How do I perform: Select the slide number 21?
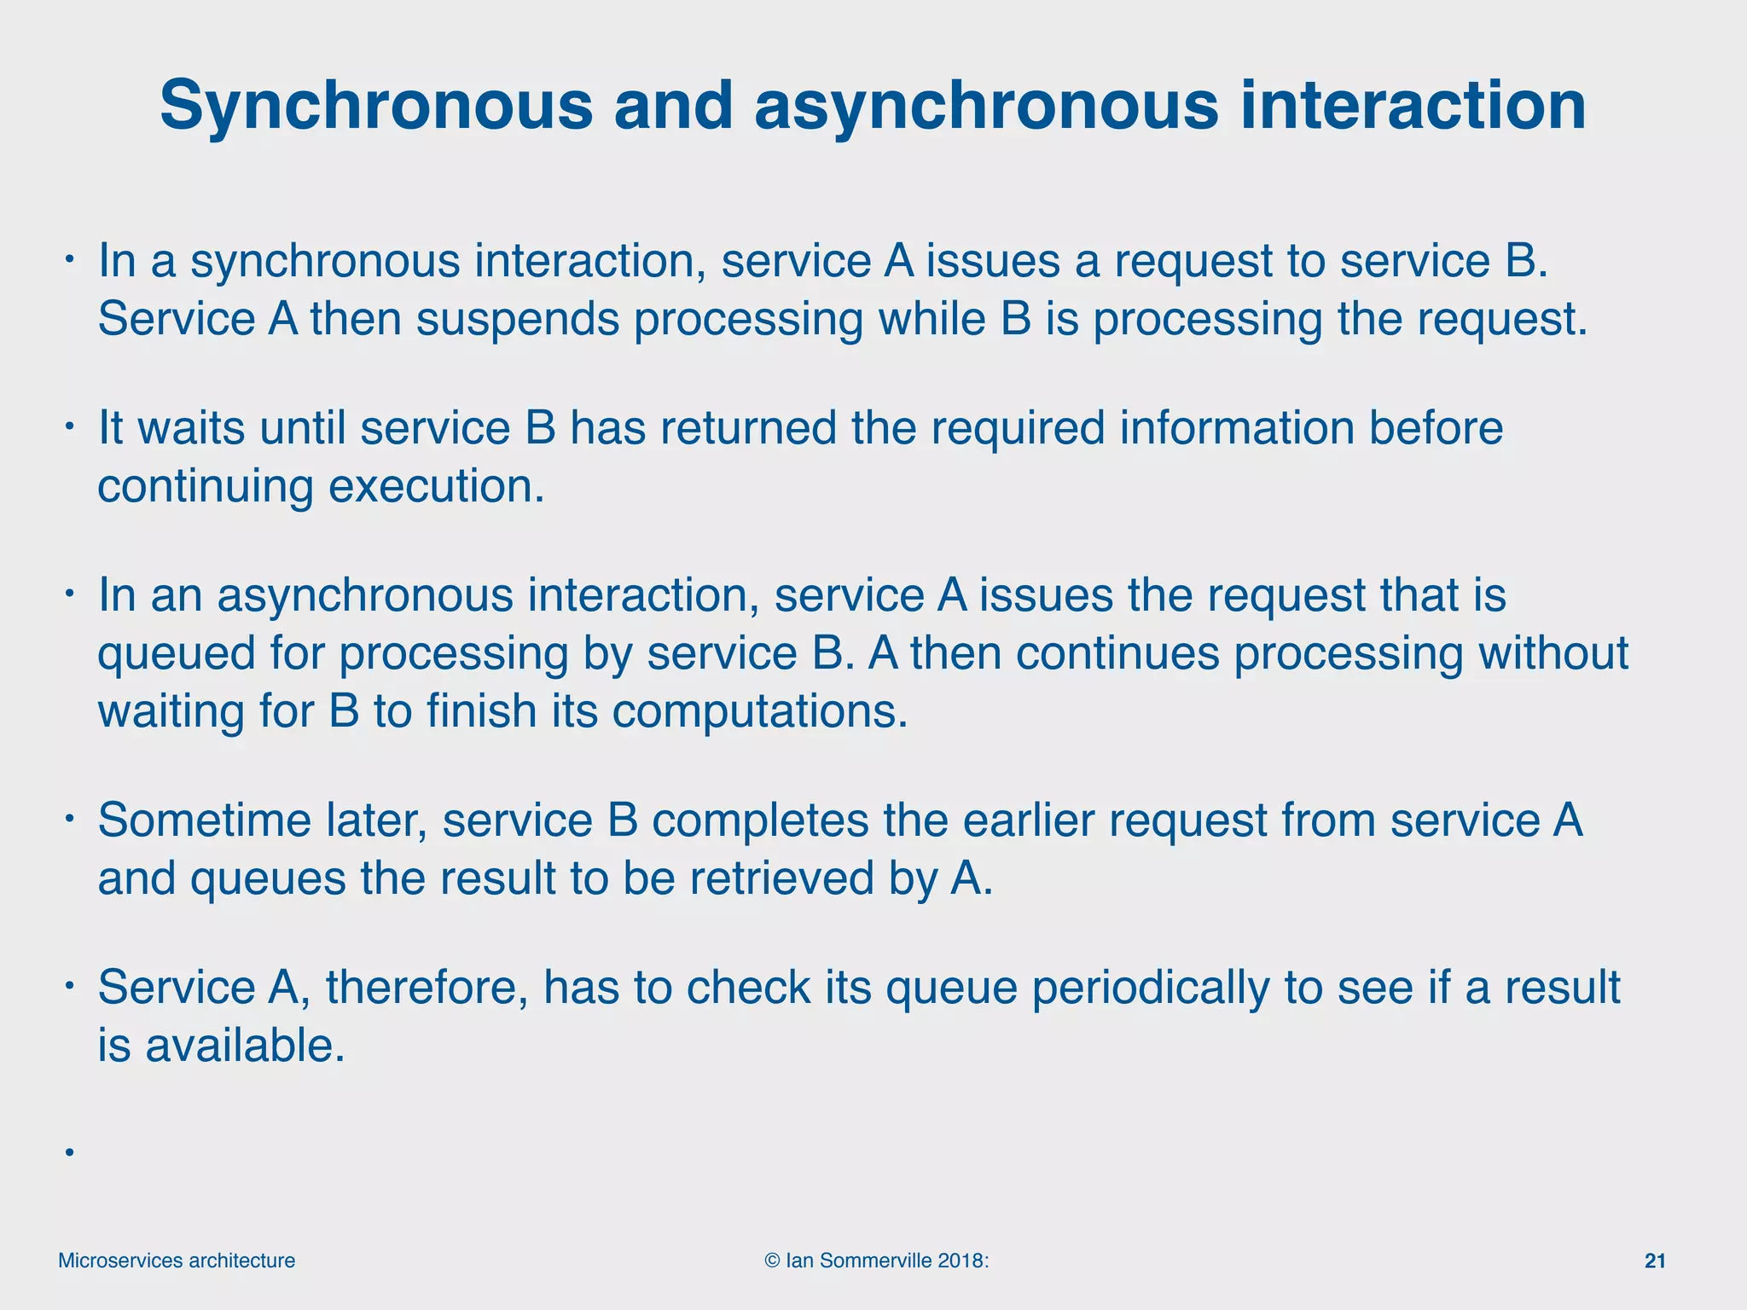click(1655, 1261)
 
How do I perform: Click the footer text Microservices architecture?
click(177, 1261)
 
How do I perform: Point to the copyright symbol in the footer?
click(772, 1261)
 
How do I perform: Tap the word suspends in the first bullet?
click(517, 320)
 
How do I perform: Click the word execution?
click(436, 486)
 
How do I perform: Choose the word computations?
click(759, 711)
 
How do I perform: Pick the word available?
click(245, 1046)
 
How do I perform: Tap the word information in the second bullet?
click(1237, 427)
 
